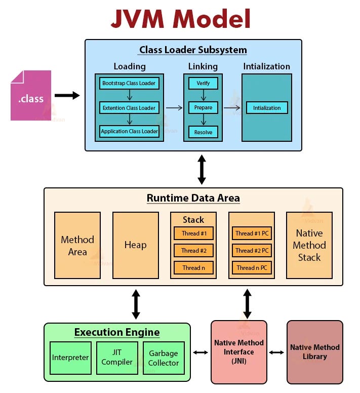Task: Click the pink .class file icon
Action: click(x=31, y=96)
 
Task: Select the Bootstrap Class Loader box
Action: click(x=129, y=83)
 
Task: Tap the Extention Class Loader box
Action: click(x=129, y=108)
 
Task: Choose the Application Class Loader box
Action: click(x=129, y=132)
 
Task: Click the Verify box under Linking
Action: click(x=203, y=83)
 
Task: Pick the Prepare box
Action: click(x=203, y=108)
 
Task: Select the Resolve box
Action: click(x=203, y=132)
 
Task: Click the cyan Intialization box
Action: click(x=267, y=108)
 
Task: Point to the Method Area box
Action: click(x=77, y=245)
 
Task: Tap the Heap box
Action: click(x=135, y=245)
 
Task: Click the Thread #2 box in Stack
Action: click(x=193, y=250)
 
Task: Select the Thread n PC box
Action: click(x=252, y=267)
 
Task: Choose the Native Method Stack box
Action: click(x=309, y=245)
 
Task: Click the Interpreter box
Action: click(x=70, y=358)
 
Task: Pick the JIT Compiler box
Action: click(x=117, y=358)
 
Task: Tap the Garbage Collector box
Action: click(x=163, y=358)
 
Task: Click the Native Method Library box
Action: click(x=314, y=352)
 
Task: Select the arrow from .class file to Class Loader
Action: click(x=67, y=95)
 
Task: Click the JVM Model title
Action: click(x=181, y=19)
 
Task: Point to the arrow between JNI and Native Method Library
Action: click(x=276, y=352)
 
